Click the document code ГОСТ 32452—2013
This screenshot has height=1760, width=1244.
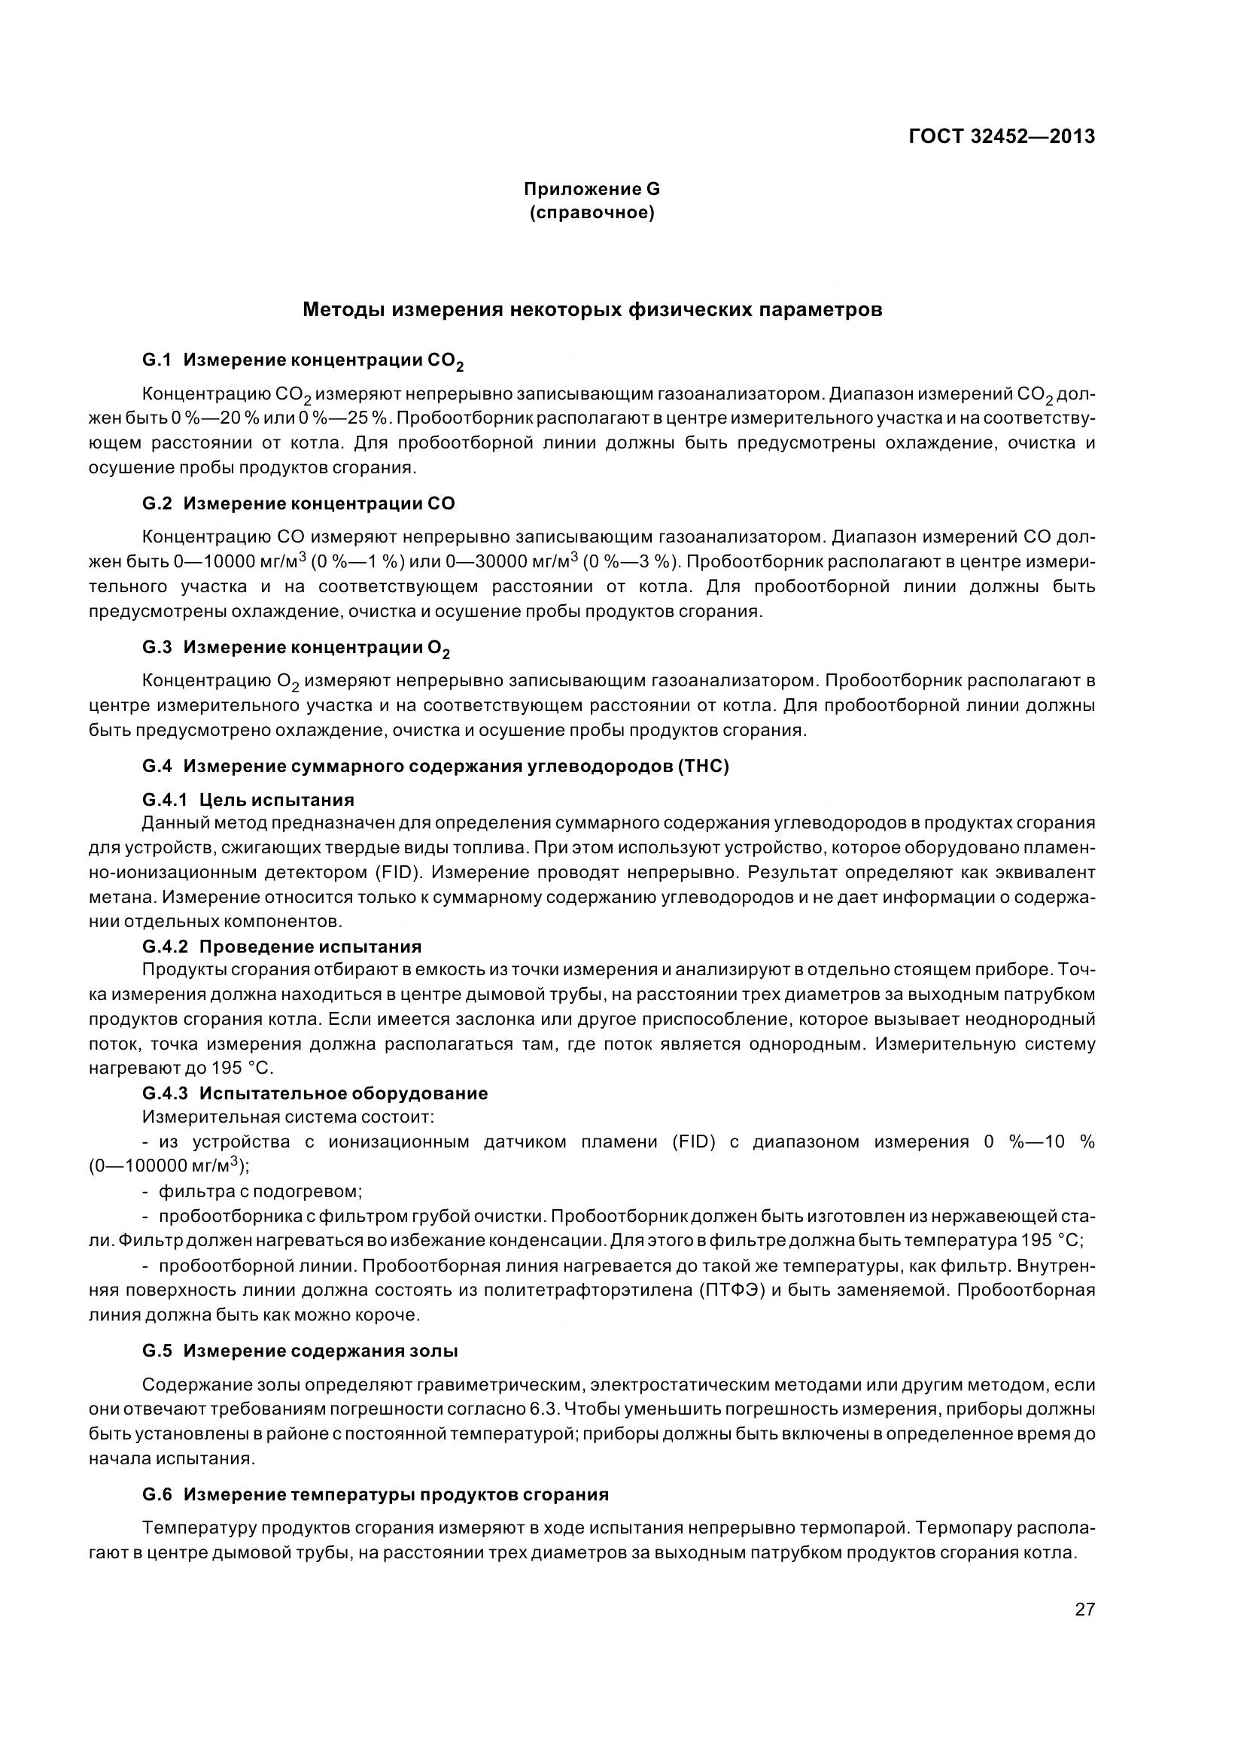point(1001,136)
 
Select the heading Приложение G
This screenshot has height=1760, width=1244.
point(591,189)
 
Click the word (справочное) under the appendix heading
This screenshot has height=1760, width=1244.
point(591,212)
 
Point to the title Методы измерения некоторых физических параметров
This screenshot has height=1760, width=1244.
point(592,310)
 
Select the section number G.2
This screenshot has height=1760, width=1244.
point(157,503)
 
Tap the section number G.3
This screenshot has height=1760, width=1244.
point(157,647)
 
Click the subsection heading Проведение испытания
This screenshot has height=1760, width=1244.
point(310,947)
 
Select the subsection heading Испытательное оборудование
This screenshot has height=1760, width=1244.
point(343,1093)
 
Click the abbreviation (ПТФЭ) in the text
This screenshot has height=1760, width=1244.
point(731,1290)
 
